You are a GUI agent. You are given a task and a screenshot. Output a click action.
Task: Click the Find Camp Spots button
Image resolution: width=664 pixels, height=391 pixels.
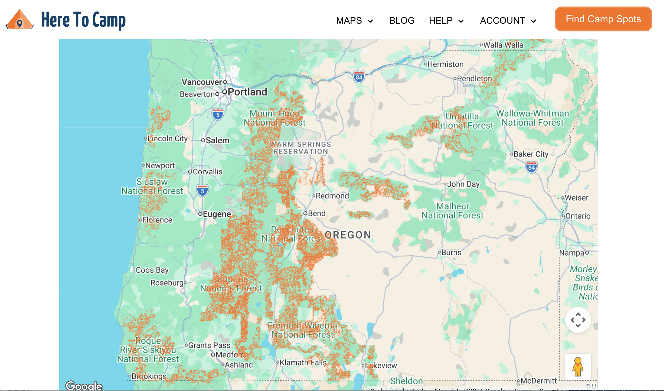[x=603, y=19]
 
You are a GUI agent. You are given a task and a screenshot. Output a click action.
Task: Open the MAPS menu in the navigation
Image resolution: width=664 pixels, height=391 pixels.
[x=354, y=21]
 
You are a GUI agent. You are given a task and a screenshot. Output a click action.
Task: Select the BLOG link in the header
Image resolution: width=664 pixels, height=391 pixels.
[x=402, y=21]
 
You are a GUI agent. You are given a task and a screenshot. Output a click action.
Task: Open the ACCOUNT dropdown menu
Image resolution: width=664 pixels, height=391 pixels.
[x=508, y=21]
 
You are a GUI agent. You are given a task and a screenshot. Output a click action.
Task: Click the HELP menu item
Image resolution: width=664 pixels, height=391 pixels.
[x=446, y=21]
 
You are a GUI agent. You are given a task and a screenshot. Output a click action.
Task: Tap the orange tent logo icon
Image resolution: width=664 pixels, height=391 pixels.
[x=20, y=20]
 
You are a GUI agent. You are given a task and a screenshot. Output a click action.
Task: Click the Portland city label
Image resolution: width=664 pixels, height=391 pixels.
[x=247, y=92]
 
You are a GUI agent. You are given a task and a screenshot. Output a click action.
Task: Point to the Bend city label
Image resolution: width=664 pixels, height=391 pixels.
[x=316, y=214]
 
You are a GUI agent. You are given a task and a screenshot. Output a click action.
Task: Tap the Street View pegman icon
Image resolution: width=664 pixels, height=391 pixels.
[x=578, y=367]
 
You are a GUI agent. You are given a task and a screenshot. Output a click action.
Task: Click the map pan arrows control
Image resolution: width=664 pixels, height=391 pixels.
[x=578, y=320]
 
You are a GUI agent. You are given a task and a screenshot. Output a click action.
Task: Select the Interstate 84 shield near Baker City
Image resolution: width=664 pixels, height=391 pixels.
[x=531, y=167]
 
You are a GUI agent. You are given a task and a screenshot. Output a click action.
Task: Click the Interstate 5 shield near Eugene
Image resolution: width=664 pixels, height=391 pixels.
[x=202, y=191]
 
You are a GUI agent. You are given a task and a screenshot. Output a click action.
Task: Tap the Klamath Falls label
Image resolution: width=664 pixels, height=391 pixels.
[x=303, y=363]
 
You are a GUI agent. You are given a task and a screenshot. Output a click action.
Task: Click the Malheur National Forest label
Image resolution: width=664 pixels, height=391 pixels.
[x=452, y=211]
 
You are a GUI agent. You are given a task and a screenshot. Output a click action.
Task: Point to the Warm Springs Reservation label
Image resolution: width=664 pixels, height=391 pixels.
[x=300, y=148]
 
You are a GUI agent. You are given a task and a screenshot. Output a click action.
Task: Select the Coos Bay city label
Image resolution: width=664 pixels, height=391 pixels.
[x=152, y=270]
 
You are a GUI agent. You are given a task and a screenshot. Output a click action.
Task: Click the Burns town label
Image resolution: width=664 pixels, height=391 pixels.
[x=451, y=253]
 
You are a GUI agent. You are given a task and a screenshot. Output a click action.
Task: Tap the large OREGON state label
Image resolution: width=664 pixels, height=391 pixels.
[x=348, y=235]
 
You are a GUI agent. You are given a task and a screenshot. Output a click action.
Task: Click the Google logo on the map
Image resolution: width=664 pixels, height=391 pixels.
[x=84, y=385]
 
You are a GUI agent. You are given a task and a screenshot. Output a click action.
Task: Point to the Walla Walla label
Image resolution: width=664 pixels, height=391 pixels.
[x=503, y=45]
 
